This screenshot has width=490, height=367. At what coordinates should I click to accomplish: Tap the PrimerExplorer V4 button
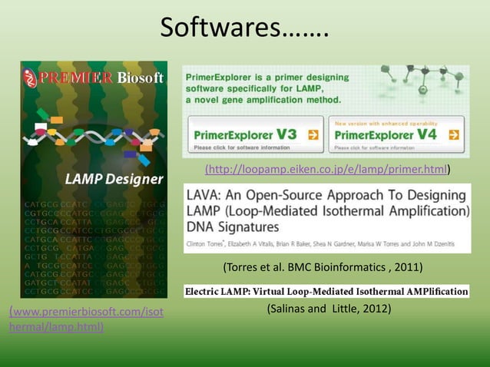coord(396,136)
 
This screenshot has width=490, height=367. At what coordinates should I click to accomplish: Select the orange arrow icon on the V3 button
coord(313,134)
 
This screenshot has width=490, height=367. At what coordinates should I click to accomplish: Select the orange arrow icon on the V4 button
coord(454,134)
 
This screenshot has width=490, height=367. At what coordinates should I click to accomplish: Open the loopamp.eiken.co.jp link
coord(326,169)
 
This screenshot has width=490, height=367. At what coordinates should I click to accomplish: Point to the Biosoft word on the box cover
coord(141,78)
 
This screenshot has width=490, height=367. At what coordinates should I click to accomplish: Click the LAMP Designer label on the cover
coord(114,180)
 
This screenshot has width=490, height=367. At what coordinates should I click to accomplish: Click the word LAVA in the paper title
coord(206,193)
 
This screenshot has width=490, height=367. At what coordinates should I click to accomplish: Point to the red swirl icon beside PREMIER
coord(30,78)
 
